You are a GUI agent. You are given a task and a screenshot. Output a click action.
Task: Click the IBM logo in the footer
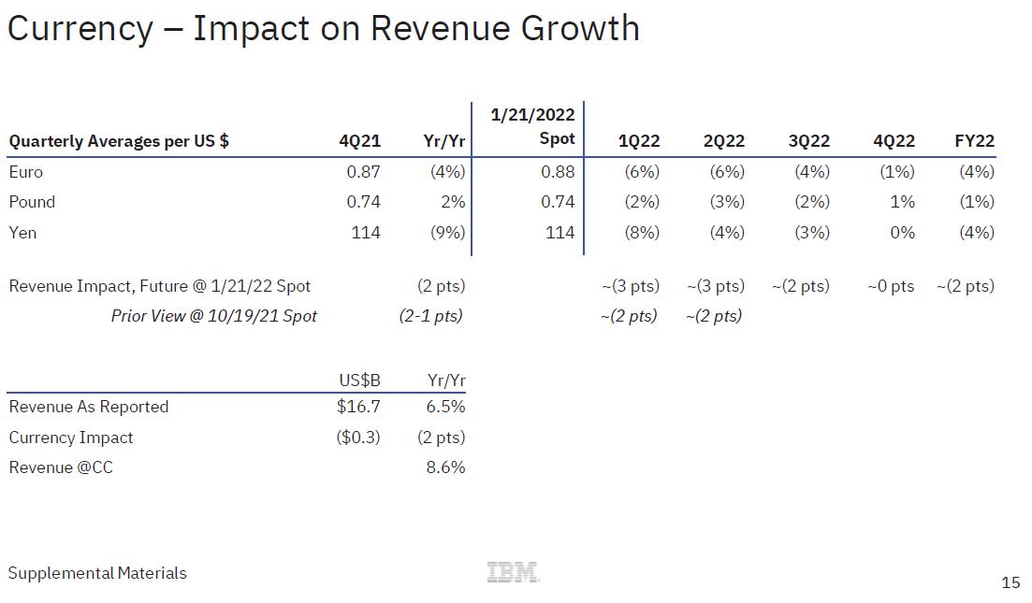tap(514, 572)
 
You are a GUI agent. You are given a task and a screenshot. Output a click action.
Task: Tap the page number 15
tap(1010, 582)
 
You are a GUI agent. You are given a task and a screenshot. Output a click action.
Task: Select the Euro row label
tap(26, 172)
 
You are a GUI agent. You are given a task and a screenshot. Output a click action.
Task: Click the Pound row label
tap(32, 202)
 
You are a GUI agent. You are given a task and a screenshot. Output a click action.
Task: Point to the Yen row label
tap(22, 232)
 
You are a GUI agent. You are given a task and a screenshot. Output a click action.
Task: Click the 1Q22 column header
tap(639, 141)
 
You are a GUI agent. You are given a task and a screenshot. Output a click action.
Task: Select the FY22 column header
tap(974, 141)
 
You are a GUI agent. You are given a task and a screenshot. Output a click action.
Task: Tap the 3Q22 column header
tap(808, 141)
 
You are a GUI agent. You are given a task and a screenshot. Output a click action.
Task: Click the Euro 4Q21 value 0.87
tap(363, 172)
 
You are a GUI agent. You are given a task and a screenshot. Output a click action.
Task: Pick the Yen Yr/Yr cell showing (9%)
tap(447, 232)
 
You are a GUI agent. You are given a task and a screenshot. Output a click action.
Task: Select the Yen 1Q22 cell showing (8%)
tap(642, 232)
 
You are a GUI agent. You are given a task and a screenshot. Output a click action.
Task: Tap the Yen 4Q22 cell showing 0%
tap(902, 232)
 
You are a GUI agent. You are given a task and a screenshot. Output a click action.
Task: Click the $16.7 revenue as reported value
tap(358, 407)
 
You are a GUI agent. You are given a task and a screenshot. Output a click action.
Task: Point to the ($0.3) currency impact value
tap(358, 438)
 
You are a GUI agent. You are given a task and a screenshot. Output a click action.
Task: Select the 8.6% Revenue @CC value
tap(445, 467)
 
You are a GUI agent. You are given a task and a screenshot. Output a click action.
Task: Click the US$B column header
tap(359, 380)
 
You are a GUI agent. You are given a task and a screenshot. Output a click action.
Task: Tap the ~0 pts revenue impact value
tap(891, 286)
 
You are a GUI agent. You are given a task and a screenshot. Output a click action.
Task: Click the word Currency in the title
tap(80, 28)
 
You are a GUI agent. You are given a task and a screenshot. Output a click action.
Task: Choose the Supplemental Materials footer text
tap(97, 573)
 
